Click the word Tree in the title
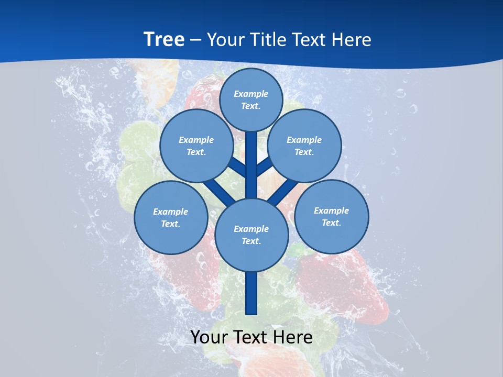(164, 39)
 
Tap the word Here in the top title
(351, 39)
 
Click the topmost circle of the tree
(251, 99)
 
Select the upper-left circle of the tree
(196, 146)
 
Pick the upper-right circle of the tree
(304, 146)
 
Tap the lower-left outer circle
(171, 217)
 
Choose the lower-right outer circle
(332, 216)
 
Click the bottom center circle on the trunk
(251, 235)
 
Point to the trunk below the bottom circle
(251, 293)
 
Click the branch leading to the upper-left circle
(237, 167)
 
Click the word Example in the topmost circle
(251, 94)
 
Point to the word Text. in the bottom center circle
(251, 241)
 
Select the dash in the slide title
(195, 40)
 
